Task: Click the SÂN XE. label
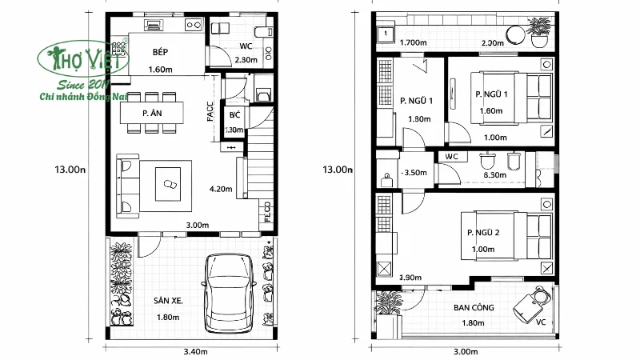pos(169,301)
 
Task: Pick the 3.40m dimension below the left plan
pos(195,351)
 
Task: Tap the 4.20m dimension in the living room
pos(220,190)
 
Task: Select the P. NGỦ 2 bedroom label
pos(483,233)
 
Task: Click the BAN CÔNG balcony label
pos(473,307)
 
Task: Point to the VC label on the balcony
pos(540,322)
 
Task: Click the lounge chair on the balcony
pos(530,303)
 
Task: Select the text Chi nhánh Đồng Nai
pos(78,97)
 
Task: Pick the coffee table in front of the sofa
pos(171,183)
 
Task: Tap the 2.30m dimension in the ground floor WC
pos(246,60)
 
